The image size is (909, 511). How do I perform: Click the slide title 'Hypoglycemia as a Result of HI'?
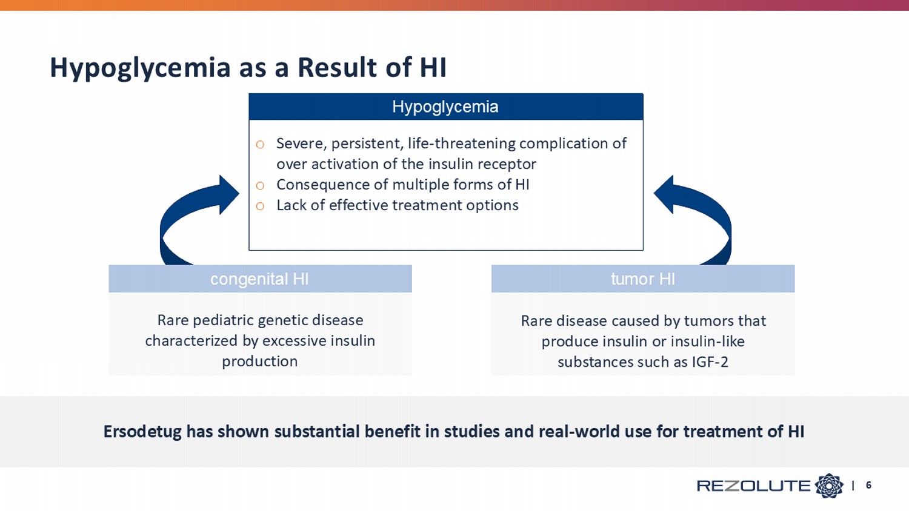(248, 67)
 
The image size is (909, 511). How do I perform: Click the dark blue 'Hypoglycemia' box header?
(445, 107)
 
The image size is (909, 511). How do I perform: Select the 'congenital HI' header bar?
(260, 279)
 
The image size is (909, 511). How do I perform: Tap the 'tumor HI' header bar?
(643, 279)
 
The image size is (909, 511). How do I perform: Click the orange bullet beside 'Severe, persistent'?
(260, 144)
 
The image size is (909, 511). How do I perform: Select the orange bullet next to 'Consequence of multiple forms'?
(260, 186)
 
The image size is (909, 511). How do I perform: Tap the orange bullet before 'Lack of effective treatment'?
(260, 206)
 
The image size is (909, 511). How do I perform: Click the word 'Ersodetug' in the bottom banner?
(142, 432)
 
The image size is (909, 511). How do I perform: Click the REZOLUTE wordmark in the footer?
(754, 486)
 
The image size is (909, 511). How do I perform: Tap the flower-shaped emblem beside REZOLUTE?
(829, 486)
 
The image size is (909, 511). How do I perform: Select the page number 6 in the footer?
(868, 485)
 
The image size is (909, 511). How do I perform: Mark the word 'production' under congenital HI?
(260, 361)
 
